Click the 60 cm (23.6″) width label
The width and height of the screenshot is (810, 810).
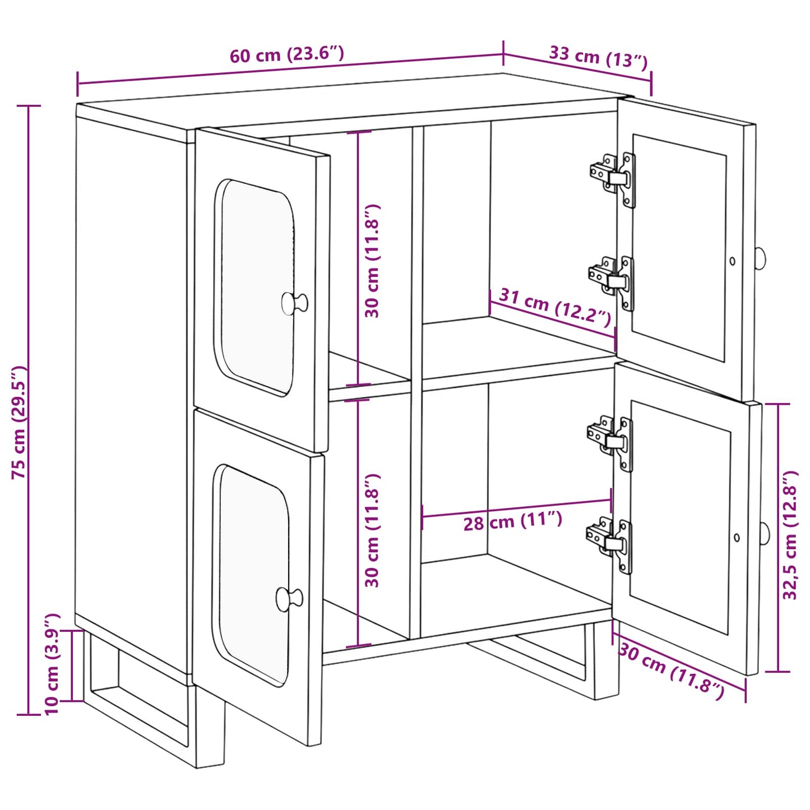tap(286, 54)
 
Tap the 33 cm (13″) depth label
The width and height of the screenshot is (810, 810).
tap(598, 57)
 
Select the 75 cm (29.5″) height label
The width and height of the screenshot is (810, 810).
tap(19, 422)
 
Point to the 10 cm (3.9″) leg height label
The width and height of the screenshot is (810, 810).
tap(52, 664)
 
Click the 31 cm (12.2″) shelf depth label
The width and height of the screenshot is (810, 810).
tap(554, 307)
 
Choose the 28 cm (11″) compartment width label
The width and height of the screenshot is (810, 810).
tap(512, 521)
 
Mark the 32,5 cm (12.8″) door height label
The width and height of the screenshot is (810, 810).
tap(790, 535)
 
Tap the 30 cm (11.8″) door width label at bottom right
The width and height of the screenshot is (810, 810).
tap(671, 671)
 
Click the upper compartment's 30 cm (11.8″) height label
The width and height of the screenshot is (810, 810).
tap(372, 261)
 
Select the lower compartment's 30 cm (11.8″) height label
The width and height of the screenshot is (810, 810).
tap(372, 530)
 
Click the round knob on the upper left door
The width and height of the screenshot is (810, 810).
tap(294, 303)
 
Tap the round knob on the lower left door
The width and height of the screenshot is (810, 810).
tap(289, 599)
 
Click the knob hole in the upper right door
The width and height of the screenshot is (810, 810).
tap(732, 261)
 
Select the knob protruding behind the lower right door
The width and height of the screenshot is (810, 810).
tap(765, 533)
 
